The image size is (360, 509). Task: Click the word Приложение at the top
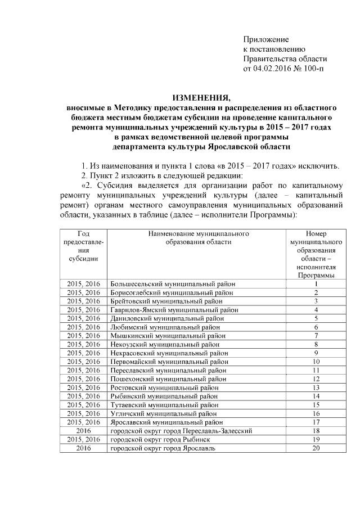click(x=265, y=40)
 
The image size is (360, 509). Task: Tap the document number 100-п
click(x=313, y=69)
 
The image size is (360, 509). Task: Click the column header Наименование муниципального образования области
click(x=199, y=237)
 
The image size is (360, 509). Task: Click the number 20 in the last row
click(x=316, y=448)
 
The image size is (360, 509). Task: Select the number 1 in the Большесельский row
click(x=316, y=284)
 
